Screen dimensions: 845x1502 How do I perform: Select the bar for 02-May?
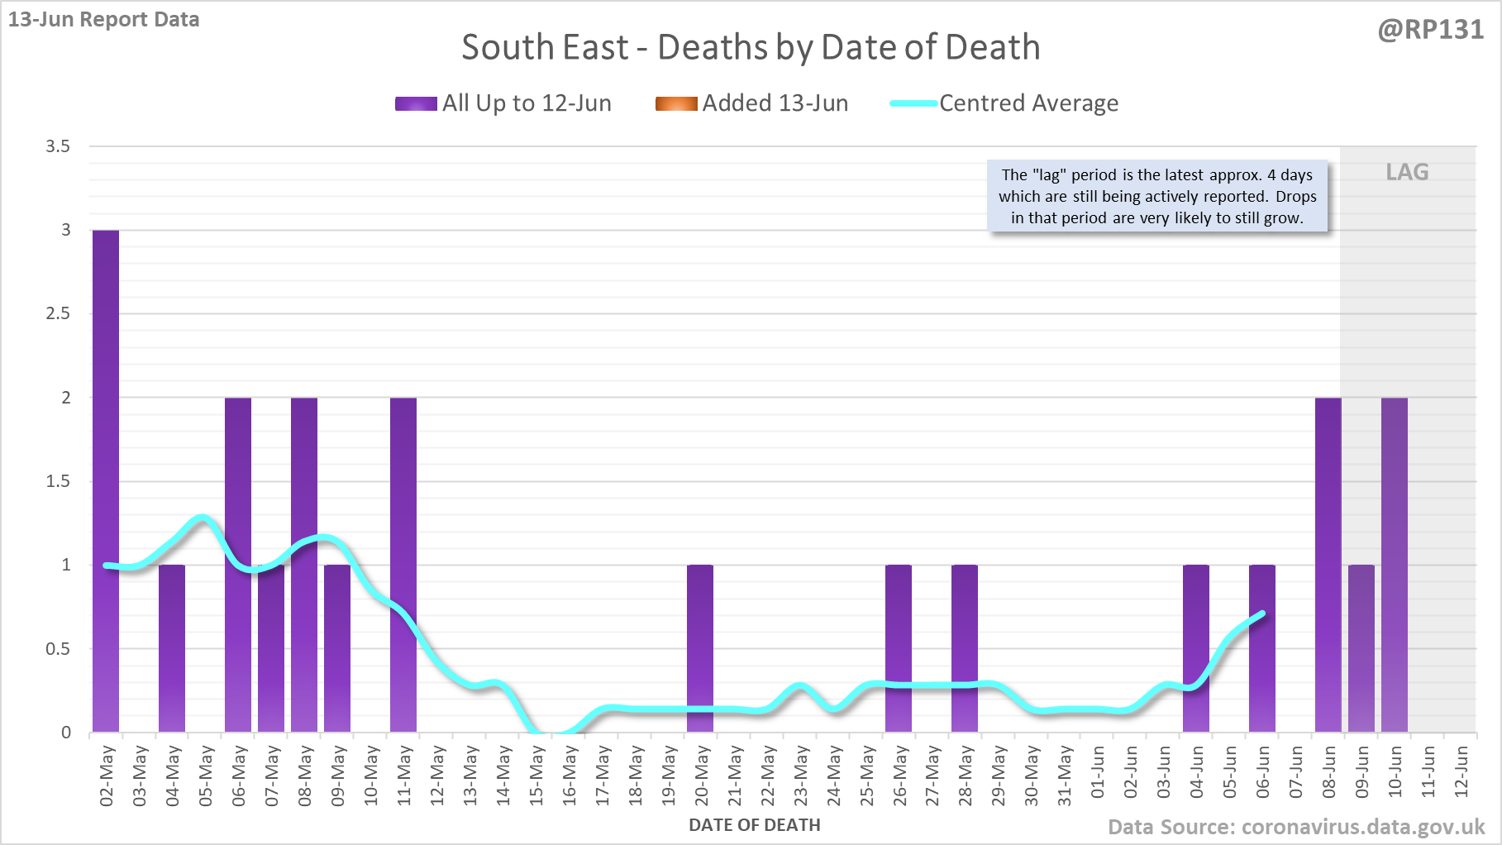[106, 481]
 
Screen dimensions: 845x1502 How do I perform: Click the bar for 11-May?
[403, 565]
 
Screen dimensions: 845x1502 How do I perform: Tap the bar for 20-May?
[700, 648]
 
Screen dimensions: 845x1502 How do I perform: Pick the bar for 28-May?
[965, 648]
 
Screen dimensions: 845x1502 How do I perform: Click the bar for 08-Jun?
[1328, 565]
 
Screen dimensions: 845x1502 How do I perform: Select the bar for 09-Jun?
[1361, 648]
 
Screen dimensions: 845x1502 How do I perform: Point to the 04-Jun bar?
[1196, 648]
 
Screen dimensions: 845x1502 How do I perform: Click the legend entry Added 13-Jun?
[752, 103]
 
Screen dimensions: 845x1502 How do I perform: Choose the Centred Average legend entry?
[1004, 103]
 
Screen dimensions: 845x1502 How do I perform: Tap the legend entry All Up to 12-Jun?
[503, 103]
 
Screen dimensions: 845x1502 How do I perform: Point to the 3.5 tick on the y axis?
[58, 146]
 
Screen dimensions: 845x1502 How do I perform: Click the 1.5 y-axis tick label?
[58, 481]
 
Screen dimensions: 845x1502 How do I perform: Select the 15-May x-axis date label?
[536, 775]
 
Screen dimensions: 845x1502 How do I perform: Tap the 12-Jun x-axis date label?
[1461, 771]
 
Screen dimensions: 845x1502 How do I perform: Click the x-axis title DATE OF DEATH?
[754, 825]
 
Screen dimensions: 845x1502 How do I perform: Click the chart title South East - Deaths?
[751, 47]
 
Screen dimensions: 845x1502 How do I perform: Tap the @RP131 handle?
[1430, 30]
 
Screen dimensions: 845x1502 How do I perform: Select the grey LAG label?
[1407, 172]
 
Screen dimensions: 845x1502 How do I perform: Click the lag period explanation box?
[1157, 197]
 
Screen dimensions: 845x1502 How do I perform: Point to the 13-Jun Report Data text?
[104, 19]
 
